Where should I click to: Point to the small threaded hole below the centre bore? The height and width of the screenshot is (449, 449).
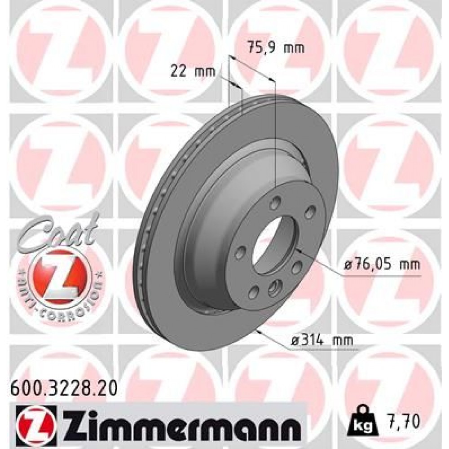point(274,288)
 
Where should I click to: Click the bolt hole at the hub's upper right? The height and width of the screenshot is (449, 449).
point(309,211)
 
